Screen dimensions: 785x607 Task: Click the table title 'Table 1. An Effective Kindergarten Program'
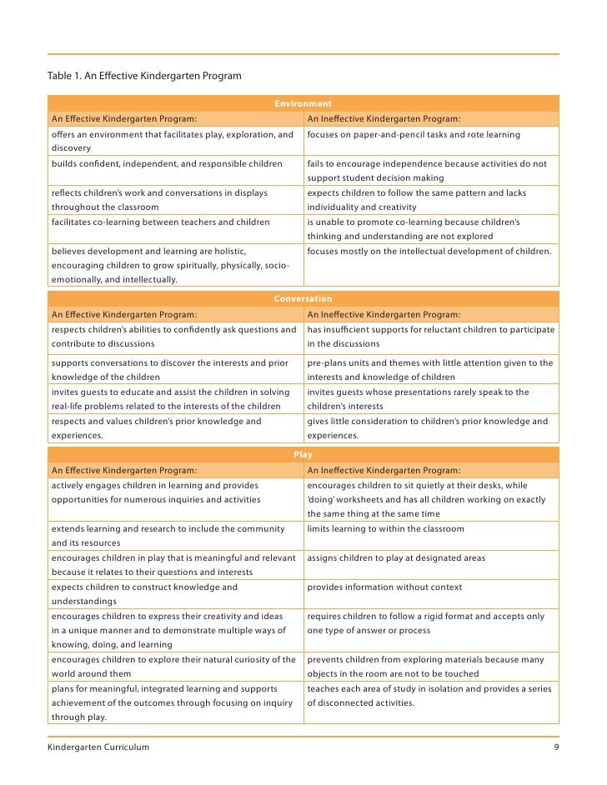[144, 77]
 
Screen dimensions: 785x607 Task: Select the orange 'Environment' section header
[303, 104]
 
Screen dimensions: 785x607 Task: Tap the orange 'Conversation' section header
[303, 298]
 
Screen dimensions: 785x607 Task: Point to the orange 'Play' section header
[303, 455]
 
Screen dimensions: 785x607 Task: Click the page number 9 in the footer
[556, 747]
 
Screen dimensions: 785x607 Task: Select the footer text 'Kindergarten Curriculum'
[98, 747]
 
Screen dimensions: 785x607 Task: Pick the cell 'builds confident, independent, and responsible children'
[167, 164]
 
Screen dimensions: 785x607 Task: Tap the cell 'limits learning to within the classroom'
[385, 529]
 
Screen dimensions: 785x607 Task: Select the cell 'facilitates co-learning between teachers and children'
[161, 222]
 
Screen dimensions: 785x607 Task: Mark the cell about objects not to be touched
[425, 666]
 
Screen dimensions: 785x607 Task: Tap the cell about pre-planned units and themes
[429, 369]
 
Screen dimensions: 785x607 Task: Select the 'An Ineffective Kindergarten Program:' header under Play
[384, 470]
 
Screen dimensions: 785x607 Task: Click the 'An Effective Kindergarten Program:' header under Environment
[124, 118]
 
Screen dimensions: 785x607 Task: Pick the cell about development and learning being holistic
[170, 264]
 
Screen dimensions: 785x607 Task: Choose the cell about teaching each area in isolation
[429, 695]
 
